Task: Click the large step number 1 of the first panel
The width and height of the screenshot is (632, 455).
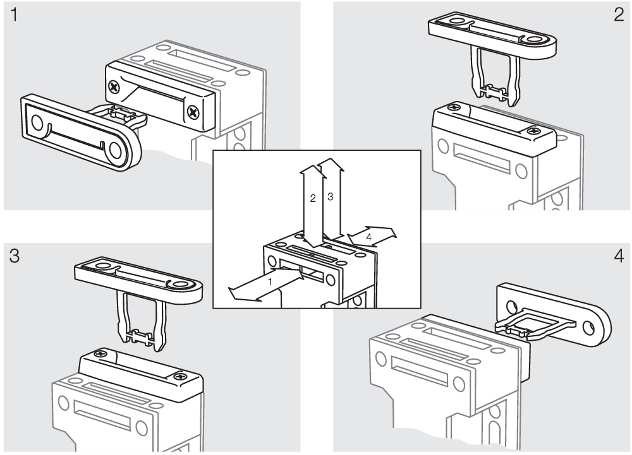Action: click(x=13, y=16)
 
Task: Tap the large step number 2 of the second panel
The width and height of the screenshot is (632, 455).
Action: click(x=618, y=16)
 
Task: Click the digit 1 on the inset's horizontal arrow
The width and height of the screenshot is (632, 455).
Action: click(x=269, y=283)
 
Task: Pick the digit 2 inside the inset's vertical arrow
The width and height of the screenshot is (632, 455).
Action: click(x=312, y=198)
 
